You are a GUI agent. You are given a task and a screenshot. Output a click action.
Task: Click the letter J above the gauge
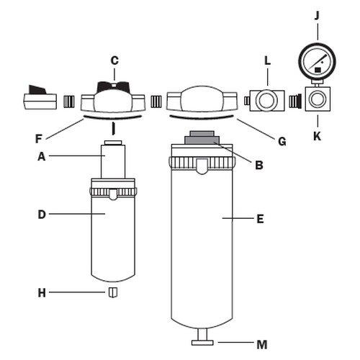(x=318, y=16)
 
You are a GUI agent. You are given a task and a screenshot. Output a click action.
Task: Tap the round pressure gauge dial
(x=317, y=60)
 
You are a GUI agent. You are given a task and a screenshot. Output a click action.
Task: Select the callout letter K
(x=318, y=136)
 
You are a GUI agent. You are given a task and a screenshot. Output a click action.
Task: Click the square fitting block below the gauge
(x=318, y=99)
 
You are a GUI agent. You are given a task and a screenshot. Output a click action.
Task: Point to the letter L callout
(x=267, y=60)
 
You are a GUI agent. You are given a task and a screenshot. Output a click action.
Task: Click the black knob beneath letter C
(x=113, y=86)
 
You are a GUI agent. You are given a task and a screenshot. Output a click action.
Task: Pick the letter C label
(x=114, y=60)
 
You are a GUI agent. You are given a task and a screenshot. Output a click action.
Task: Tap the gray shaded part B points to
(x=202, y=138)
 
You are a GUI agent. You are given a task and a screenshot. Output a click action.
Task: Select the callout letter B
(x=259, y=165)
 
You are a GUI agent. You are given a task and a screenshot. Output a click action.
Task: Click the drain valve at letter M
(x=202, y=337)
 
